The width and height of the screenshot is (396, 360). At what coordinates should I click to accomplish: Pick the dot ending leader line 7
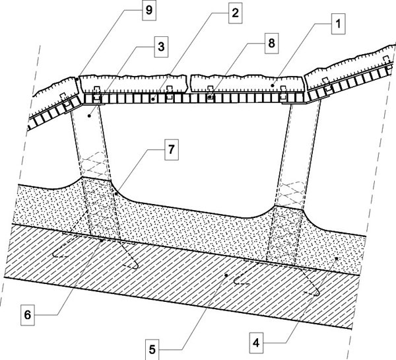pyautogui.click(x=115, y=194)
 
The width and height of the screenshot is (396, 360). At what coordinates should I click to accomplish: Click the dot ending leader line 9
pyautogui.click(x=77, y=79)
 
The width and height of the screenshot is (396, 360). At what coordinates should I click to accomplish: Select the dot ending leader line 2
pyautogui.click(x=152, y=99)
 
